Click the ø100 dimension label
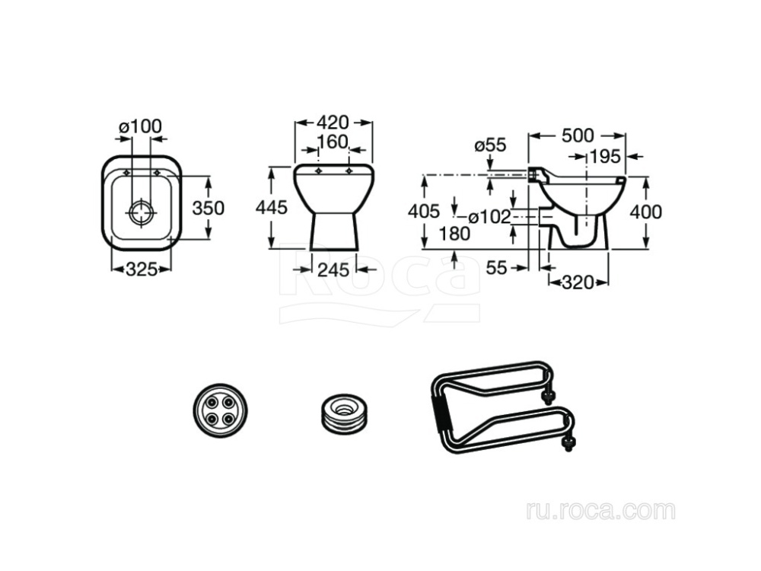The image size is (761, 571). tap(140, 126)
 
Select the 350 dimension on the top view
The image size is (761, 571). tap(208, 207)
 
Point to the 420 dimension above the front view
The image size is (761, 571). tap(333, 122)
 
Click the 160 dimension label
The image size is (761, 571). tap(333, 142)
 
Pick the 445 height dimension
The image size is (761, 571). tap(272, 207)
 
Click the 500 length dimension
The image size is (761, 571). tap(577, 136)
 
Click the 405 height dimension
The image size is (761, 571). tap(424, 211)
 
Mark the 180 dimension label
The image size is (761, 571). tap(454, 234)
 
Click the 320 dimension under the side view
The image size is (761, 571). tap(578, 283)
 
